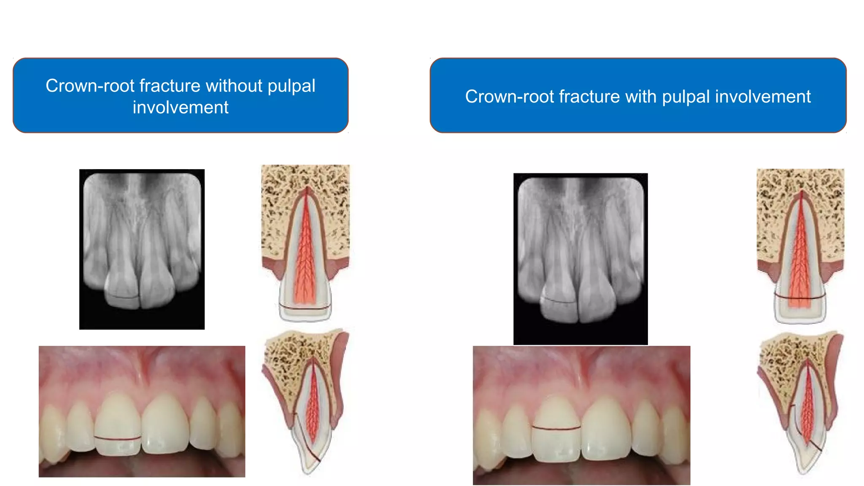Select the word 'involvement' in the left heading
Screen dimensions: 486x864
point(181,108)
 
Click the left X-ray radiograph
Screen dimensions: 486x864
point(142,249)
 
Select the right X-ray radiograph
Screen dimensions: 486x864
point(580,258)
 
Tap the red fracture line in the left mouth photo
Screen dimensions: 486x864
point(117,438)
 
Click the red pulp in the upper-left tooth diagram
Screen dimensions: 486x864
point(305,253)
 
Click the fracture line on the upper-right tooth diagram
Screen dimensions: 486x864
point(800,297)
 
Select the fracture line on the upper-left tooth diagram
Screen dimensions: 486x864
point(305,308)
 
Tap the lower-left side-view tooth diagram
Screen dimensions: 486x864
point(306,401)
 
